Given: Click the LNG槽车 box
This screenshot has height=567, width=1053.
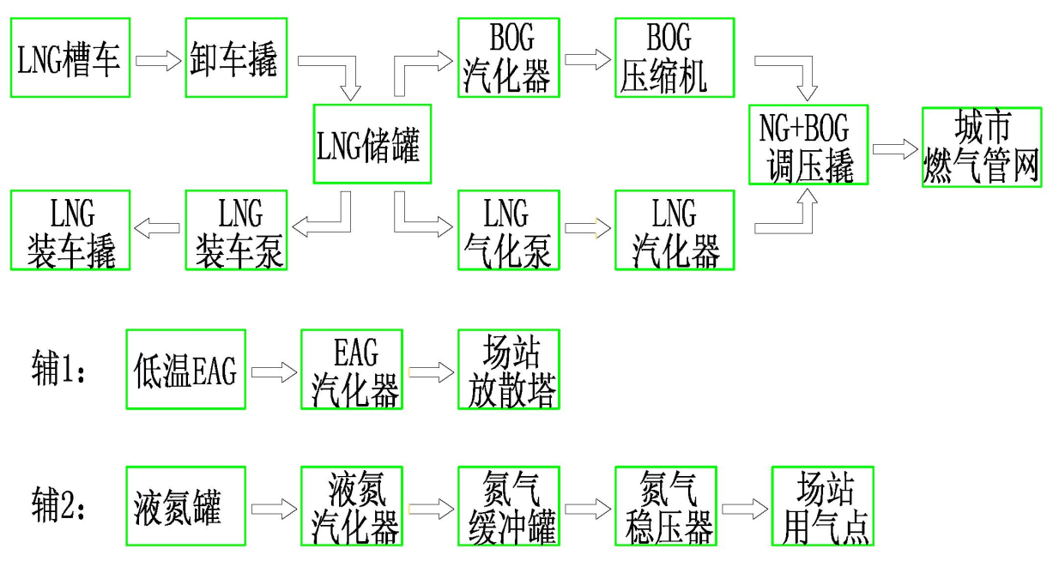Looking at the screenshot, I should [x=70, y=57].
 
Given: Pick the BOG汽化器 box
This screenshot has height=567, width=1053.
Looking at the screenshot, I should [x=508, y=57].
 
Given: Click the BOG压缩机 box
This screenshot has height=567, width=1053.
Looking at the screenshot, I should [x=675, y=57].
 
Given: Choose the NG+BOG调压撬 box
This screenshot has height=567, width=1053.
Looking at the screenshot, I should [x=808, y=144].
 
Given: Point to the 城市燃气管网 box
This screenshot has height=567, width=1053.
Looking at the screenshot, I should [x=982, y=144].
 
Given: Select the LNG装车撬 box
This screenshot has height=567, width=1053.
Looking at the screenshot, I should [x=70, y=230].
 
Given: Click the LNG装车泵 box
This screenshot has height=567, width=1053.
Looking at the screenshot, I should [x=235, y=230].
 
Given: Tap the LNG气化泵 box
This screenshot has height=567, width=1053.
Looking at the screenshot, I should [x=508, y=230].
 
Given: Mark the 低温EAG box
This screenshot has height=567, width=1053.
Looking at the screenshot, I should [x=185, y=370].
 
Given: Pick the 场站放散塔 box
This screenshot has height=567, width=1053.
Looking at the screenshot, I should [x=508, y=370].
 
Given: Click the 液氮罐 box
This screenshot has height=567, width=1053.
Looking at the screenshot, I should [x=185, y=507].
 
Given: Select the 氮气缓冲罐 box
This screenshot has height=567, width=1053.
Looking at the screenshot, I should [x=508, y=507].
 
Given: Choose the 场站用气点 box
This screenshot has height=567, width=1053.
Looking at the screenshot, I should [x=822, y=507].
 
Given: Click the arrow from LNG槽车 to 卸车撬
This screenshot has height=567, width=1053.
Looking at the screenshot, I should [x=158, y=61].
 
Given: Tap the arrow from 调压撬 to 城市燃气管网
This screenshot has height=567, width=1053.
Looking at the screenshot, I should [x=894, y=148].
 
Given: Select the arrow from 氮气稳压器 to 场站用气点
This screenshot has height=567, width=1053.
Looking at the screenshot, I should [x=744, y=510].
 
